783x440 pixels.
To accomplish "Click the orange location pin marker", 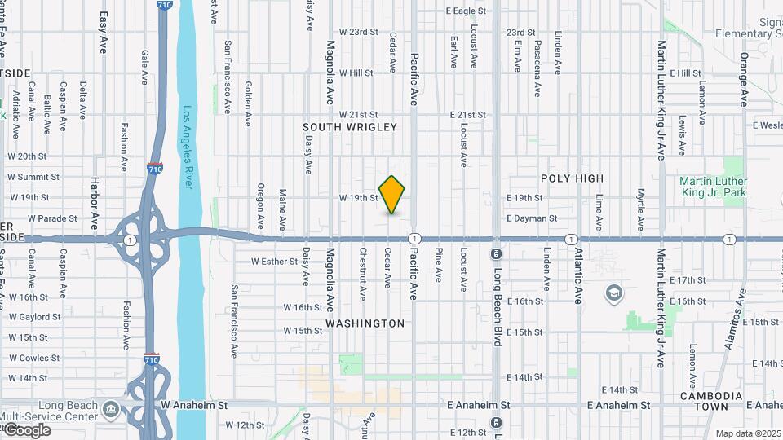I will pos(392,195).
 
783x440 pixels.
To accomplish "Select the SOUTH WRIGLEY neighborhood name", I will pos(350,127).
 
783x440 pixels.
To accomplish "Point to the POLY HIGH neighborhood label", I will pos(572,178).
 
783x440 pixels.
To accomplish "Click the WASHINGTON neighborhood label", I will pos(365,323).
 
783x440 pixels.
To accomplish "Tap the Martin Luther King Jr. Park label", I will pos(714,187).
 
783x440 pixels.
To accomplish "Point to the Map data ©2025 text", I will pos(746,433).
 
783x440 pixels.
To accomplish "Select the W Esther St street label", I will pos(276,262).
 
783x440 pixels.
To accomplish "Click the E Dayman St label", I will pos(532,218).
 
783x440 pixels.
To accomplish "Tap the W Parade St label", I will pos(52,218).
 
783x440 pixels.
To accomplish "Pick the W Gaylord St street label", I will pos(35,317).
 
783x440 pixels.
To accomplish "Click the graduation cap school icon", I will pos(613,293).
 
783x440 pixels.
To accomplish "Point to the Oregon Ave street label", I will pos(261,205).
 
